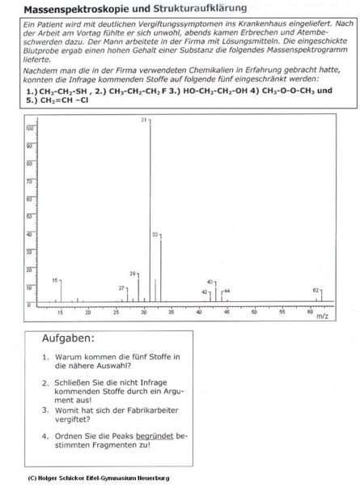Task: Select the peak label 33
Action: (x=155, y=234)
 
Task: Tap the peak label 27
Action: (x=122, y=288)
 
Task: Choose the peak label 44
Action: (x=227, y=290)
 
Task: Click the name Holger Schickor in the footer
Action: (x=57, y=478)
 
